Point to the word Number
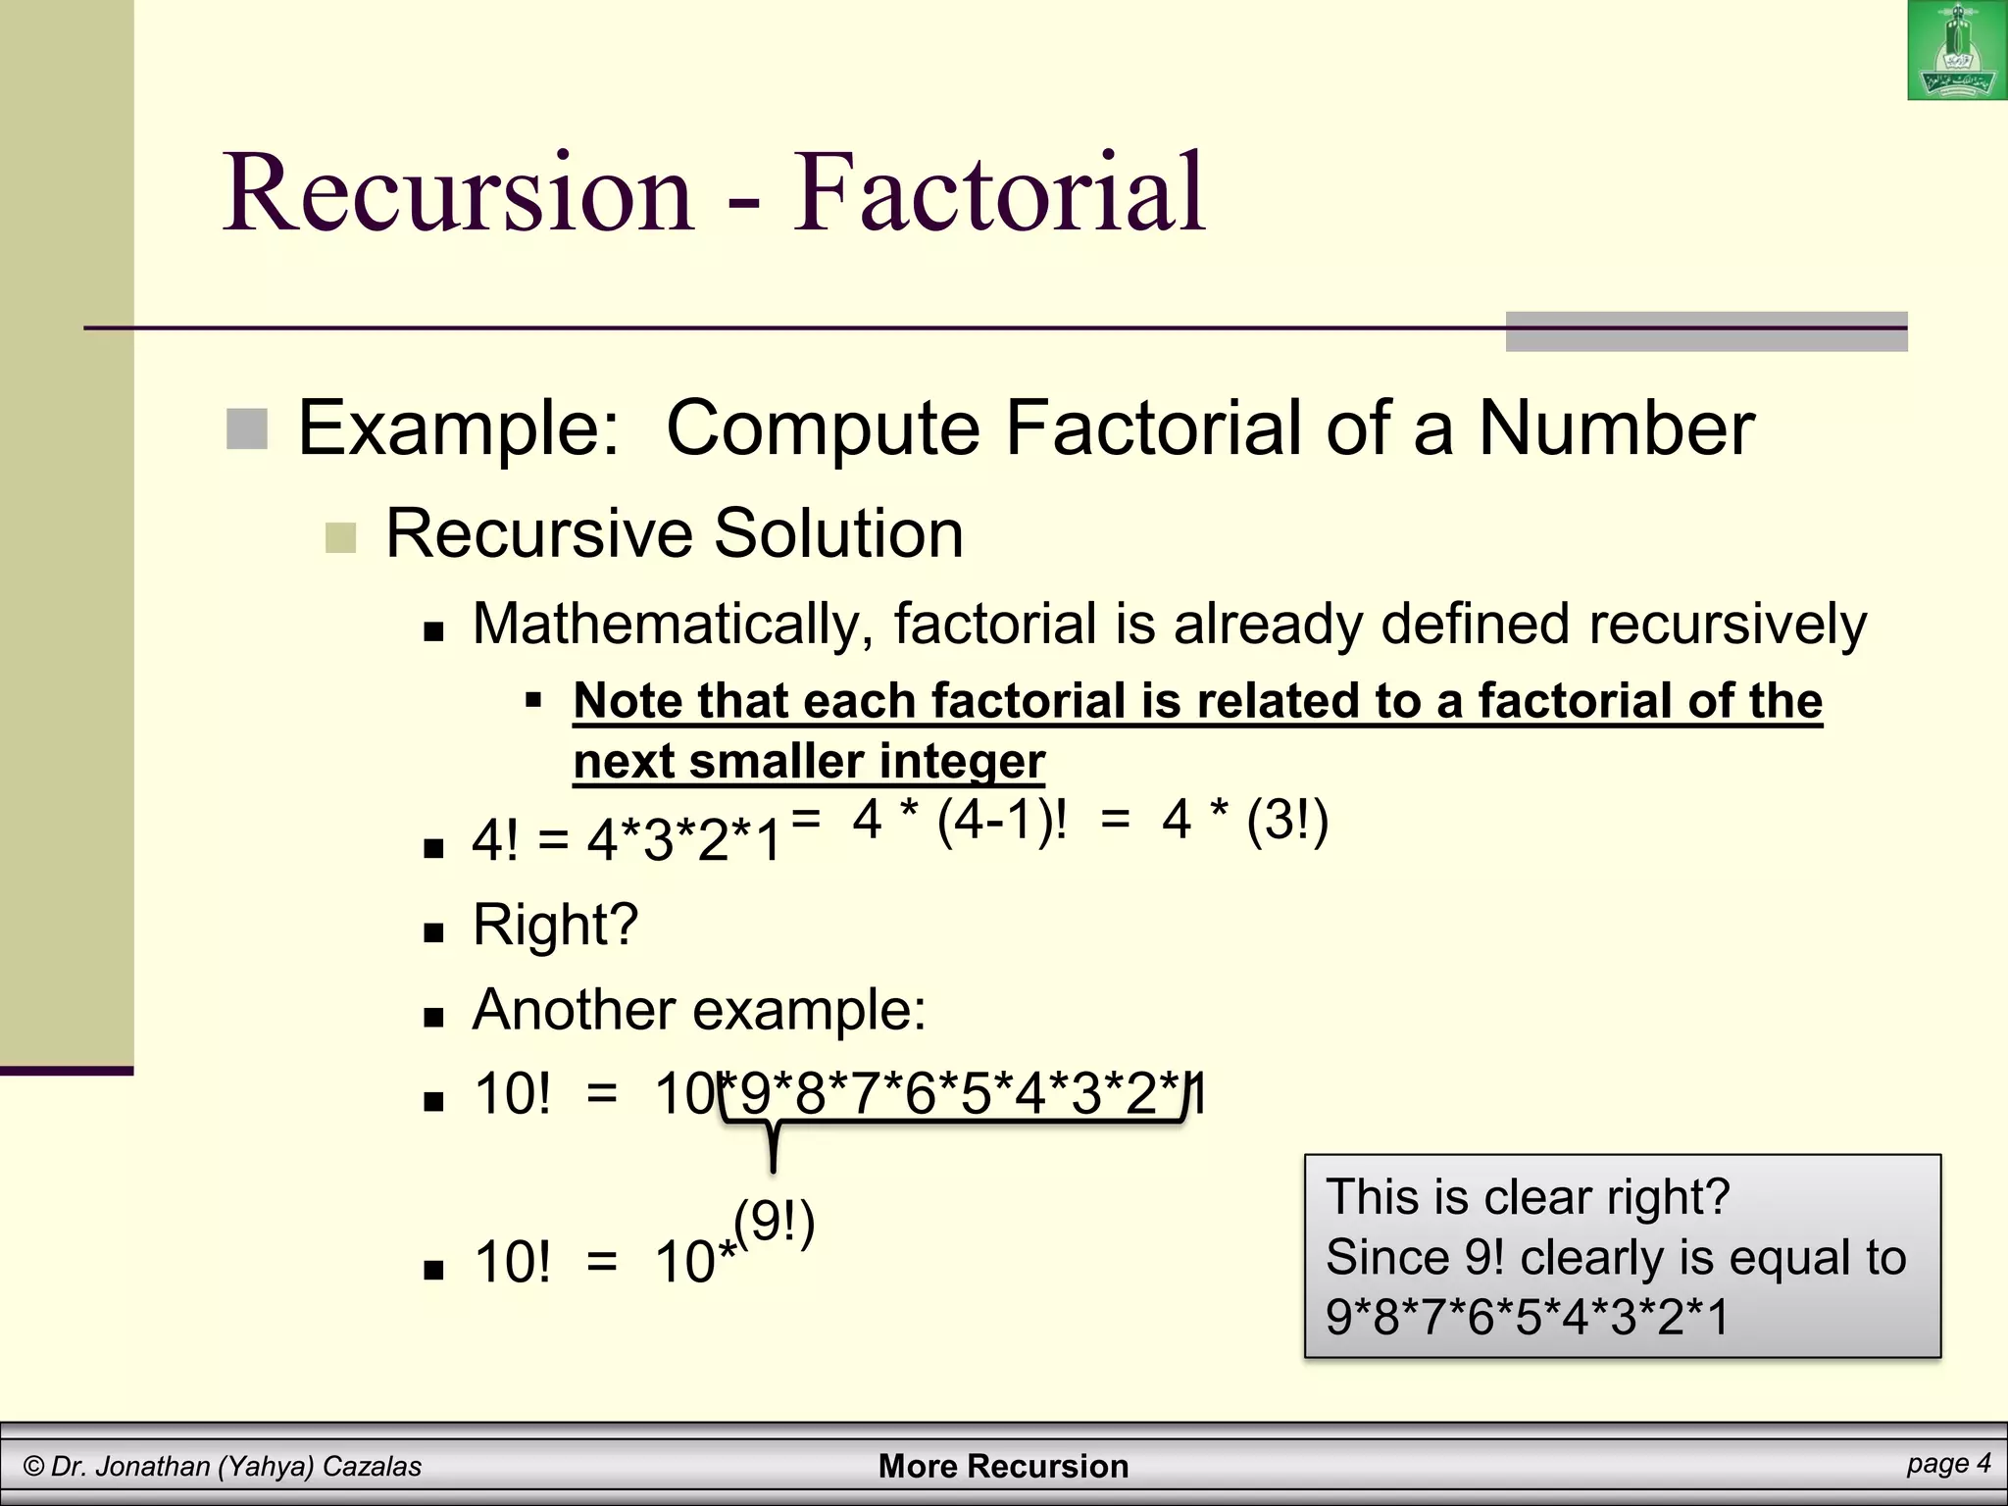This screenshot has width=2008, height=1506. pos(1616,428)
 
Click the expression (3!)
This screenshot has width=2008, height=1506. pos(1287,820)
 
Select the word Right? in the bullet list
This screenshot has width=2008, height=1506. pos(555,925)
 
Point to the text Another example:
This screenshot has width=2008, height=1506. pos(699,1009)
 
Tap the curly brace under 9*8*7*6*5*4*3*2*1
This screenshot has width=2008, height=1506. pos(774,1132)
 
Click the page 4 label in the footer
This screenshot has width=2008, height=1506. pos(1949,1464)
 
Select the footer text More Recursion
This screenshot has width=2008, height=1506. pos(1003,1466)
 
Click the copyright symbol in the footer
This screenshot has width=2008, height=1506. pos(34,1467)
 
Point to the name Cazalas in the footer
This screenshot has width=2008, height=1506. pos(372,1467)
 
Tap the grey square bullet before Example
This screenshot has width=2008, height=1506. pos(247,429)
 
